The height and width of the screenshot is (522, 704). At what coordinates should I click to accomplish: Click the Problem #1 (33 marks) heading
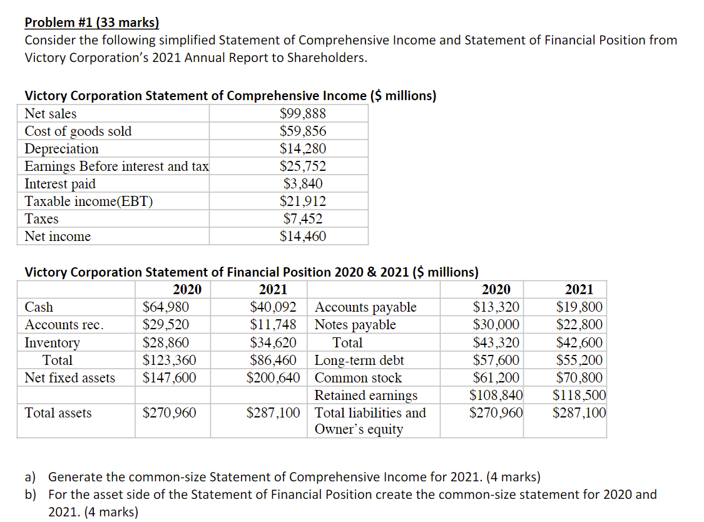tap(92, 24)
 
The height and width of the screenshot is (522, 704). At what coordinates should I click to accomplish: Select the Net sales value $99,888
tap(303, 114)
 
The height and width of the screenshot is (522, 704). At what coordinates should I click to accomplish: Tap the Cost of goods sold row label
tap(78, 131)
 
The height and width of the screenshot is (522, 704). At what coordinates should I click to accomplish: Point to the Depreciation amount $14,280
tap(303, 149)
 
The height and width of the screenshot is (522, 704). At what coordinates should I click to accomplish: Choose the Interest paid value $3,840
tap(303, 184)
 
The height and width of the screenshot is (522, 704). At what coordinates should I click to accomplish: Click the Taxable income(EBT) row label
tap(88, 202)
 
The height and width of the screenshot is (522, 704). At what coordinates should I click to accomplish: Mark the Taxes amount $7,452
tap(303, 219)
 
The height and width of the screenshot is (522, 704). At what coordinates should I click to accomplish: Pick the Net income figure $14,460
tap(303, 237)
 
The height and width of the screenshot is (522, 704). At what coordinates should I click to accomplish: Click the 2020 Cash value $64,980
tap(166, 307)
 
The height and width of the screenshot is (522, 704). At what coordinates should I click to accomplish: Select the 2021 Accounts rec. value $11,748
tap(273, 325)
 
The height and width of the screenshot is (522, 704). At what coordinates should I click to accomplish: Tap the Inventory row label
tap(52, 343)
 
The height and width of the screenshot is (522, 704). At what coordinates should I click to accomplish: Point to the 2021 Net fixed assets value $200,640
tap(273, 378)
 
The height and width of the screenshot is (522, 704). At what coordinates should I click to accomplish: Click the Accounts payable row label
tap(365, 307)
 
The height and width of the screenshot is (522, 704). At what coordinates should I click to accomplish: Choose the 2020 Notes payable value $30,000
tap(496, 325)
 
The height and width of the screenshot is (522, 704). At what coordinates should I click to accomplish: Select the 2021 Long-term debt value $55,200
tap(579, 361)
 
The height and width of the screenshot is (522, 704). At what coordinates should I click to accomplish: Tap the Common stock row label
tap(358, 378)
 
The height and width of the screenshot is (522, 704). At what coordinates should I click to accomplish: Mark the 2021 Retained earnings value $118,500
tap(579, 396)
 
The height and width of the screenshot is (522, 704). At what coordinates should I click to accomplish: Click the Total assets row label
tap(58, 413)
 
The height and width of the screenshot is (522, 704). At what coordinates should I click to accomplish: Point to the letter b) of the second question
tap(31, 494)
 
